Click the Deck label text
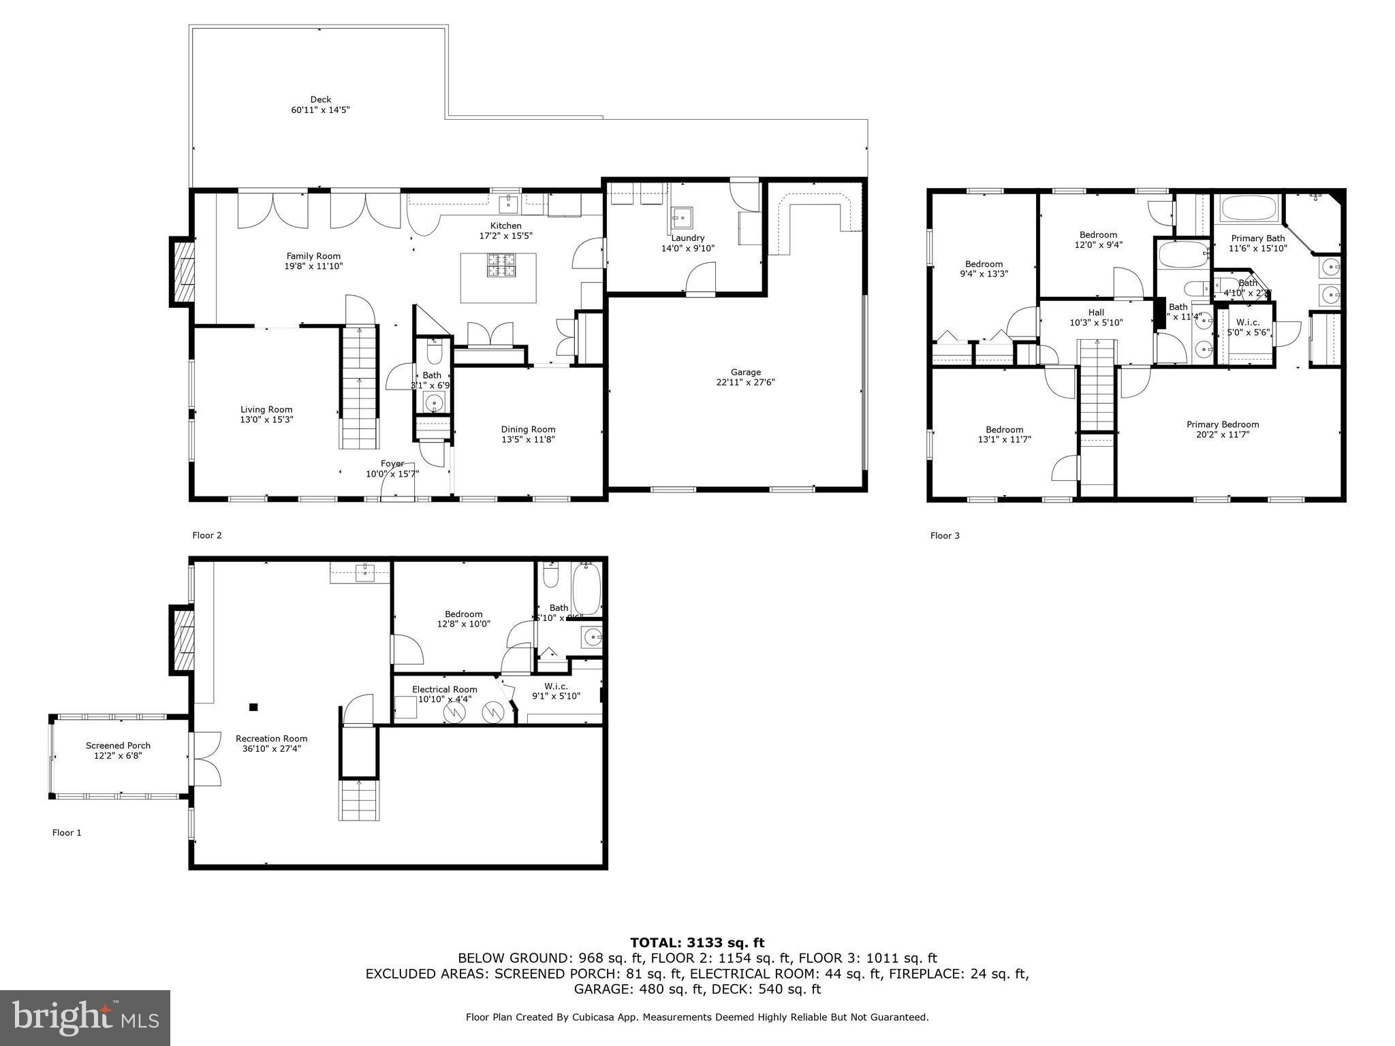click(x=320, y=99)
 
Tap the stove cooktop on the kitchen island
click(x=501, y=265)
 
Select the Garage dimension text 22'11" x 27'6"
click(x=745, y=382)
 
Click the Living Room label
click(x=266, y=409)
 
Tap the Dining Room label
click(x=528, y=429)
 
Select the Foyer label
click(x=392, y=464)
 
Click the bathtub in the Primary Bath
click(x=1249, y=209)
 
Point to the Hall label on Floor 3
click(x=1096, y=313)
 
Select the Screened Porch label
click(x=118, y=746)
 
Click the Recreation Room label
click(x=271, y=738)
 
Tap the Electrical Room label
click(x=444, y=689)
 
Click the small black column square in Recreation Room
click(x=253, y=708)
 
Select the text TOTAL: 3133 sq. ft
click(x=697, y=942)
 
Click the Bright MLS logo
click(x=85, y=1017)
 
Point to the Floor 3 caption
click(x=945, y=536)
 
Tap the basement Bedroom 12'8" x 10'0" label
click(x=463, y=614)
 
